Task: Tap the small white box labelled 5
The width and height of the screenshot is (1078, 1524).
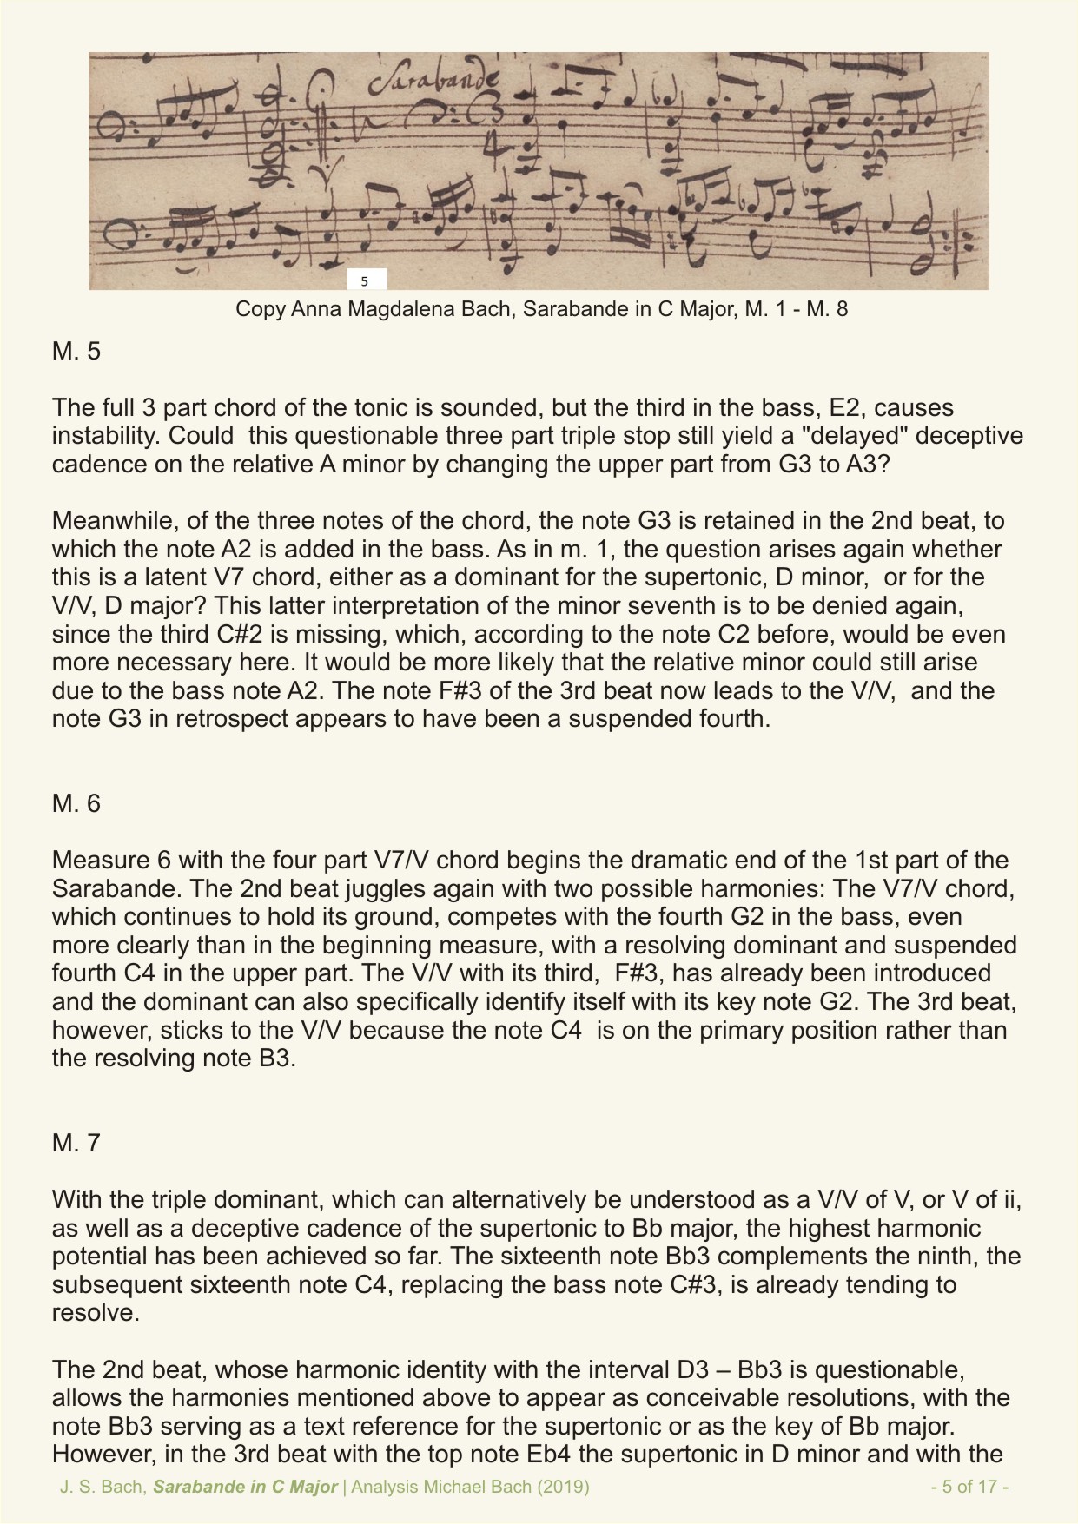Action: (365, 280)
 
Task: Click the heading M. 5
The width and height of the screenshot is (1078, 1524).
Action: (76, 352)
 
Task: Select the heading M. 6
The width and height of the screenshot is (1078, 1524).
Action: (76, 803)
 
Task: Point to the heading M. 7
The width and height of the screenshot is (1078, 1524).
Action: (76, 1143)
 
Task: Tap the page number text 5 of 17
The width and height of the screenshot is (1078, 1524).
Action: (969, 1487)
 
